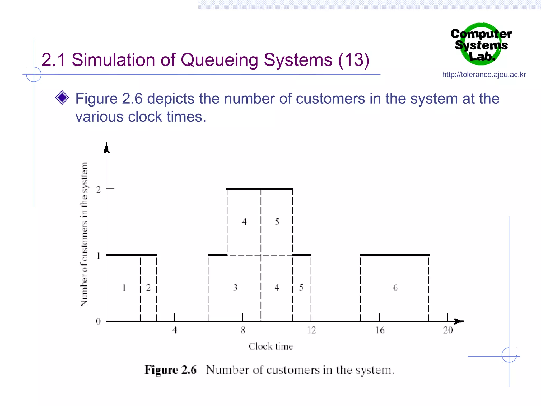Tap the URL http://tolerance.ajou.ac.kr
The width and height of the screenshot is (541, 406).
coord(484,75)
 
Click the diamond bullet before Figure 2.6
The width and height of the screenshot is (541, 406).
coord(62,98)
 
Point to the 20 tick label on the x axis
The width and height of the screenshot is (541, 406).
coord(448,330)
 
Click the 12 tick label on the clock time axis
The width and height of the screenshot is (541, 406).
coord(311,330)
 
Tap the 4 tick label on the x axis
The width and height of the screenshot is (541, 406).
coord(175,330)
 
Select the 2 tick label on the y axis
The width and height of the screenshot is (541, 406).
coord(99,189)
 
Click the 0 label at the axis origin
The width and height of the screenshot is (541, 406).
coord(98,321)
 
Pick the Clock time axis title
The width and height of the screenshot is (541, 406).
coord(271,346)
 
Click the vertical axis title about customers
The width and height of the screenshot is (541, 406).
coord(84,234)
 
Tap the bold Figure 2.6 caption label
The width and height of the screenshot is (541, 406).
coord(170,370)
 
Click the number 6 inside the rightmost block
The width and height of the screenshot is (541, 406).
coord(395,288)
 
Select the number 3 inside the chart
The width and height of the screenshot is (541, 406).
coord(235,287)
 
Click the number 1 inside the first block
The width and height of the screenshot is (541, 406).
coord(124,287)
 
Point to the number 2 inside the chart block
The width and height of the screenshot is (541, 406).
coord(148,287)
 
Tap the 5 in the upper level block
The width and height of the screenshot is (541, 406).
coord(277,222)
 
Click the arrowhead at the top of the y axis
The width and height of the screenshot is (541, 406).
coord(106,148)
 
